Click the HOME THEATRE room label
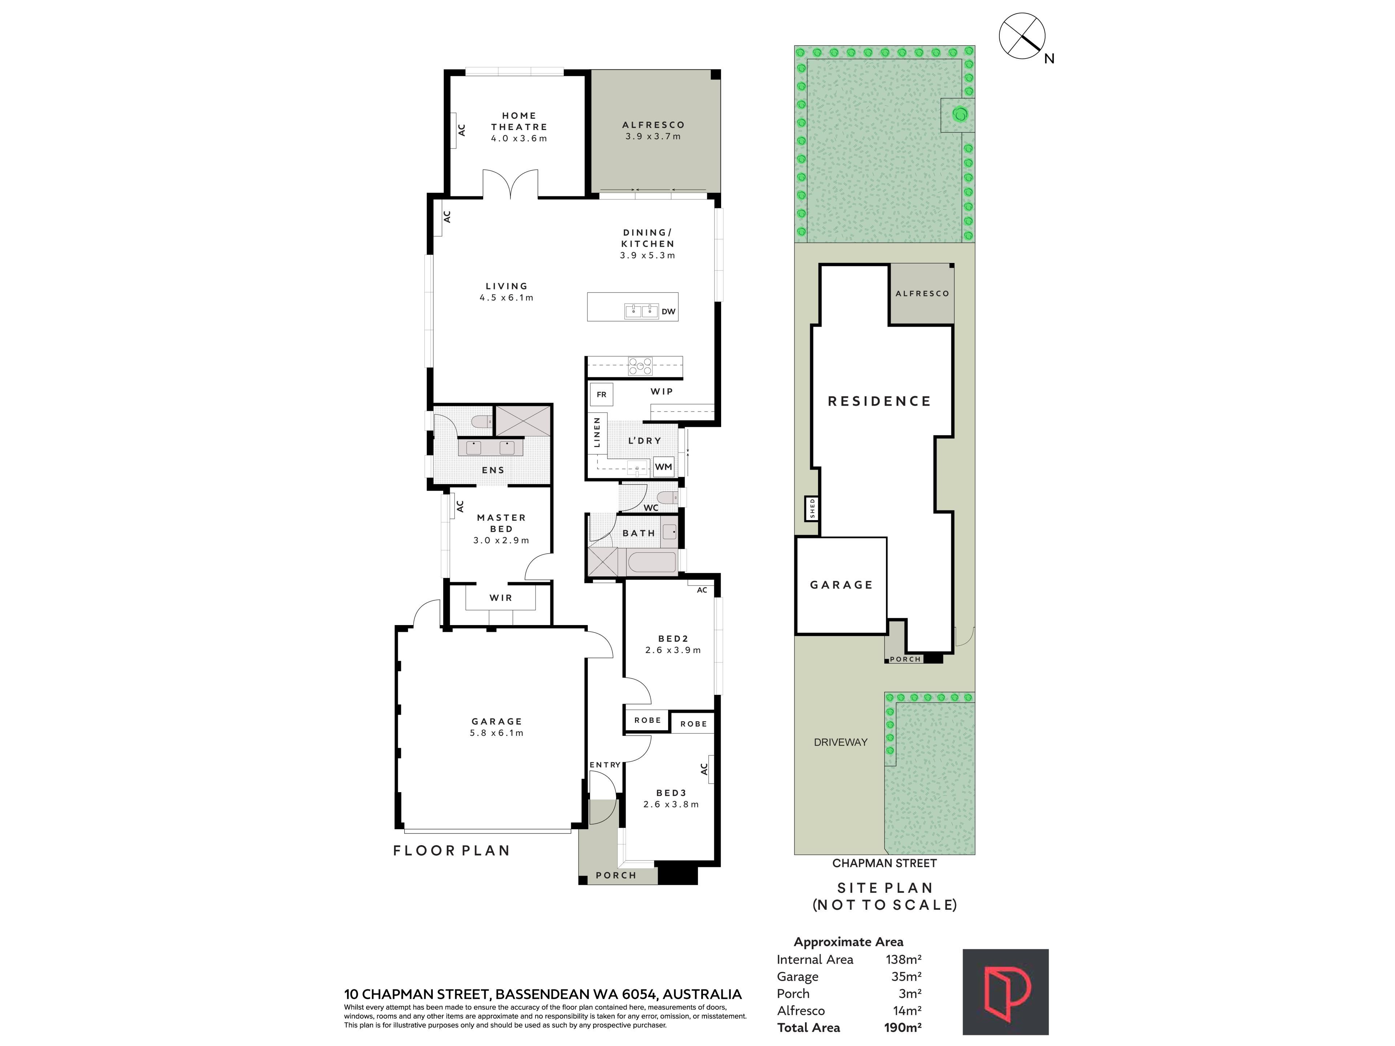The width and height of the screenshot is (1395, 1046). (519, 121)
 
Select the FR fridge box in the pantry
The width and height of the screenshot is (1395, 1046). (602, 395)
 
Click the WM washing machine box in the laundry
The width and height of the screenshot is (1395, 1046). (663, 467)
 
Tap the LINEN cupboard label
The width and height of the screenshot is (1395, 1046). (597, 432)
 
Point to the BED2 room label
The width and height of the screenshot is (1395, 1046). (673, 639)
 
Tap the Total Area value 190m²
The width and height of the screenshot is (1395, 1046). (902, 1027)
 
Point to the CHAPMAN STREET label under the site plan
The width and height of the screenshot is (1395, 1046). (884, 863)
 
